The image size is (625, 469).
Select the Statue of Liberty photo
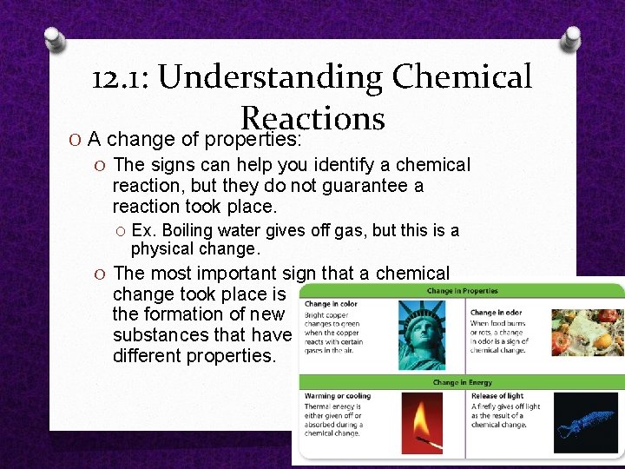pyautogui.click(x=421, y=334)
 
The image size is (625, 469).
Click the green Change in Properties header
pyautogui.click(x=462, y=290)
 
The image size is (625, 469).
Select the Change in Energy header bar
pyautogui.click(x=462, y=382)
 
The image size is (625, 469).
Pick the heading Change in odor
pyautogui.click(x=496, y=313)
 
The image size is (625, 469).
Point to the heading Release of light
pyautogui.click(x=497, y=396)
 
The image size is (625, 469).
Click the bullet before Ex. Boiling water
pyautogui.click(x=121, y=231)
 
